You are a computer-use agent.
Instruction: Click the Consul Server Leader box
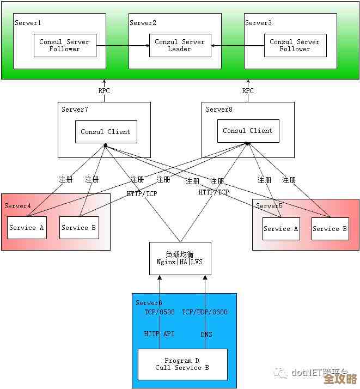[179, 45]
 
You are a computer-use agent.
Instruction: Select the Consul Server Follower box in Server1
[64, 45]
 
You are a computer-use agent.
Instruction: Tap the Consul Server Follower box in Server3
[295, 45]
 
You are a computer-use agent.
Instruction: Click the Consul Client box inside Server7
[106, 132]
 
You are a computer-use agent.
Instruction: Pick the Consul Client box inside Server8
[248, 131]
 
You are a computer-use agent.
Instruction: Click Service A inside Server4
[27, 228]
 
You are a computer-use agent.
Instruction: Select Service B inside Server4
[79, 228]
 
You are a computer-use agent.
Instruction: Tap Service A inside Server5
[281, 229]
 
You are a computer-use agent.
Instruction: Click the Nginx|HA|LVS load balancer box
[180, 258]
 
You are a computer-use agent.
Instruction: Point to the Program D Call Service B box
[182, 364]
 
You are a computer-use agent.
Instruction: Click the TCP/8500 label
[160, 312]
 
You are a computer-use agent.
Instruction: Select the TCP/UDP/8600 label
[205, 312]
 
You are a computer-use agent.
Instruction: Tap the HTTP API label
[160, 333]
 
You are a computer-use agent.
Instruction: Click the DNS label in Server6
[206, 334]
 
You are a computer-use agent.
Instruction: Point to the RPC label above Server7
[104, 91]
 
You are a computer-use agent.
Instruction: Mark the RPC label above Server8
[248, 91]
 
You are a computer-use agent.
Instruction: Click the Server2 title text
[143, 23]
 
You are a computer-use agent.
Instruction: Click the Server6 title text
[149, 303]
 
